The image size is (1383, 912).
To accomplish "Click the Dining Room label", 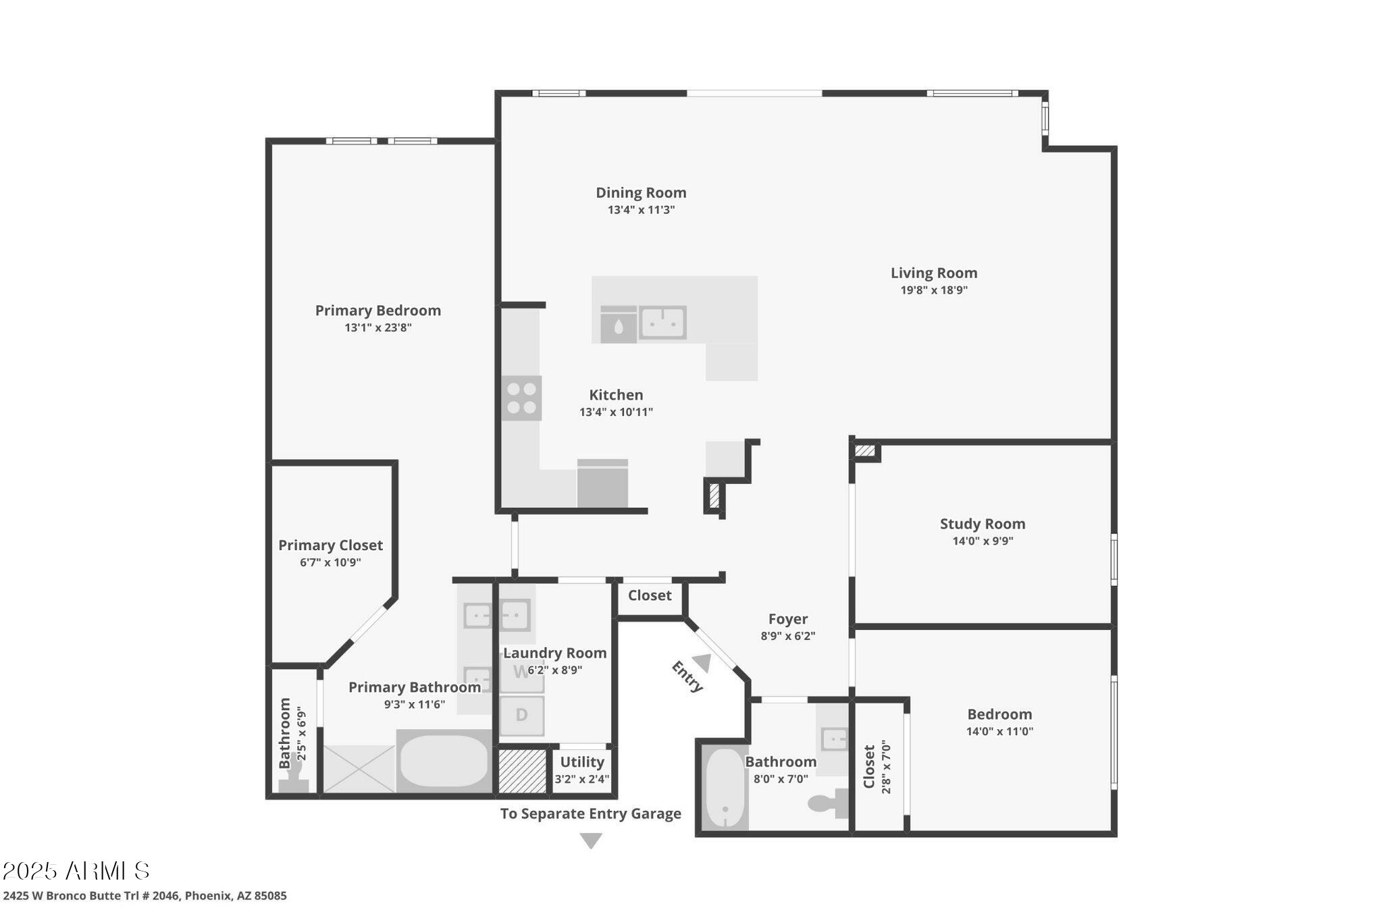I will point(641,192).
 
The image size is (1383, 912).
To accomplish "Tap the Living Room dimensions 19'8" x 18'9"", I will point(934,290).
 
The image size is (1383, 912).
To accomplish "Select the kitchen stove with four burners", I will point(522,398).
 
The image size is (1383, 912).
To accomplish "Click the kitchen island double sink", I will point(662,323).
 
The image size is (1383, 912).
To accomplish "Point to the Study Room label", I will point(983,524).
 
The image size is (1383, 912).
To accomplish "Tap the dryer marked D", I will point(521,716).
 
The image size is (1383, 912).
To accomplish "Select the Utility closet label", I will point(582,762).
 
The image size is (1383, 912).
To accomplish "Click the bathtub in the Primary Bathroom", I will point(444,761).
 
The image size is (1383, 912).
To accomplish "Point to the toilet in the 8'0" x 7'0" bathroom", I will point(828,801).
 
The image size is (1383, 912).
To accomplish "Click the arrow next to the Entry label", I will point(702,663).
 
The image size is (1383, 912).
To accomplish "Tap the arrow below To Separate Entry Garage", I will point(591,840).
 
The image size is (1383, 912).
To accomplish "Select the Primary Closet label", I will point(330,545).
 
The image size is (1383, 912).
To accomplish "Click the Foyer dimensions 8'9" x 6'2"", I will point(788,636).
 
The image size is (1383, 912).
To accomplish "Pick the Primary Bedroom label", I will point(378,311).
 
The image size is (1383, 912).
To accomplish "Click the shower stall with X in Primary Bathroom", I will point(359,768).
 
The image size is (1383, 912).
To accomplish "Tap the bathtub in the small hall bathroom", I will point(725,788).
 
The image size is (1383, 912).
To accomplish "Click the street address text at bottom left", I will point(145,896).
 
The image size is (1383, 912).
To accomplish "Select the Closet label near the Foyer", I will point(650,595).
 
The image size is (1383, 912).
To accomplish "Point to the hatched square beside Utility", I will point(522,771).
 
